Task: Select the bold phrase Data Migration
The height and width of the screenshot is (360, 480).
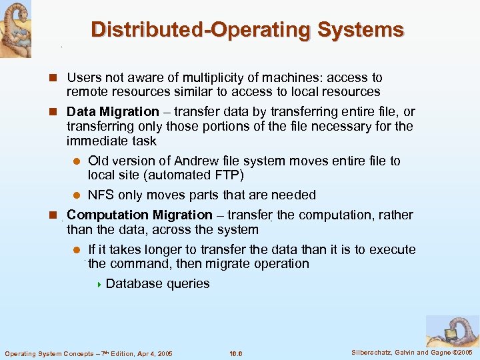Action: (113, 111)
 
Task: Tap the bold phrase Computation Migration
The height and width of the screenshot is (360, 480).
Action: (139, 215)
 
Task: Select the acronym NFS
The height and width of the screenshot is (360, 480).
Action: (101, 195)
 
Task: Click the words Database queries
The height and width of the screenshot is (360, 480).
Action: (157, 283)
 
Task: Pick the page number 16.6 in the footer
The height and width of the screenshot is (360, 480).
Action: (236, 353)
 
